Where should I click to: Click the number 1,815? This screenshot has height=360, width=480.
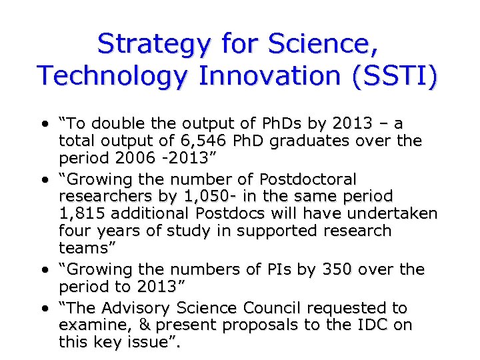pos(83,213)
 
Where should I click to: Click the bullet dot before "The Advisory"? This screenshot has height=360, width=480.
pos(45,309)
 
